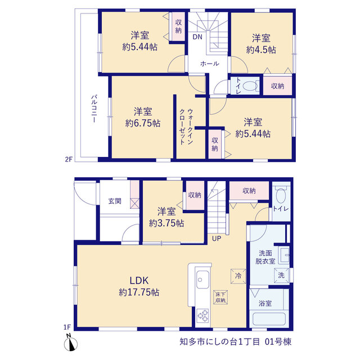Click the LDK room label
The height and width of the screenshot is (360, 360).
(x=139, y=281)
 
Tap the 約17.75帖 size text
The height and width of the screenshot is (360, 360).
(x=139, y=292)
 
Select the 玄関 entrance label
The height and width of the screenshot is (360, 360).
(x=115, y=201)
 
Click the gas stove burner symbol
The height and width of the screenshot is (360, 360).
(x=203, y=316)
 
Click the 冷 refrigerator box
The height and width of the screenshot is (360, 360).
(x=238, y=276)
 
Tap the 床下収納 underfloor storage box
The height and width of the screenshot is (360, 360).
(x=220, y=298)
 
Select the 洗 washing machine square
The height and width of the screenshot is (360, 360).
(x=281, y=275)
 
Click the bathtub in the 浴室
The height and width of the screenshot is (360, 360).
(x=269, y=319)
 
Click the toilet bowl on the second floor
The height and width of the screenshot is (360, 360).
(x=250, y=87)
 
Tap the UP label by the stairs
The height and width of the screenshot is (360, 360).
(x=216, y=238)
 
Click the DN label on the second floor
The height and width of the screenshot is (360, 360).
(x=197, y=37)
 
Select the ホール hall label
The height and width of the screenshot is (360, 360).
(x=210, y=64)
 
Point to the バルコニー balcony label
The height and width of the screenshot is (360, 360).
(x=94, y=109)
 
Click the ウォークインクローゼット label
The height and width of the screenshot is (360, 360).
(x=186, y=127)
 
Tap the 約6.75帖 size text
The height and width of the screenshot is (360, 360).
(x=143, y=124)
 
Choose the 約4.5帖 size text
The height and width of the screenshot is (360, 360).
(x=261, y=50)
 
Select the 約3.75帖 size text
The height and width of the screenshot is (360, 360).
(x=166, y=223)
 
